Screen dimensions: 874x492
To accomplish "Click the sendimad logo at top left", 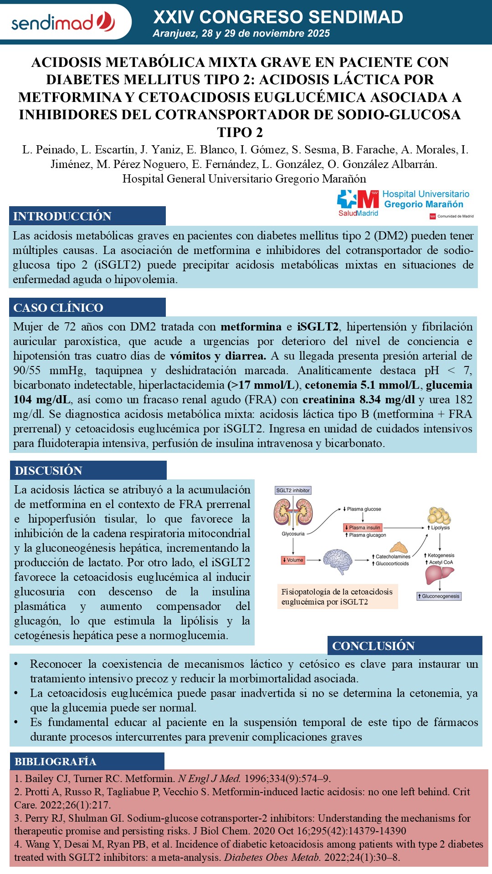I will (x=63, y=22).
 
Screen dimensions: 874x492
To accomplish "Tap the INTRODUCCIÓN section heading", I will (x=62, y=216).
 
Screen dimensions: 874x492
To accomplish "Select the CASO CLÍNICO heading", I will (x=58, y=308).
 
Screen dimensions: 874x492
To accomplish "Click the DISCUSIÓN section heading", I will (x=48, y=471).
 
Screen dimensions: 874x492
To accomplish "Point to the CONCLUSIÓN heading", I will (x=374, y=646).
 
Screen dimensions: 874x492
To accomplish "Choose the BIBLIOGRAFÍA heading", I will (x=55, y=762).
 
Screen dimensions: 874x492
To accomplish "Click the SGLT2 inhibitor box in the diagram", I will (x=293, y=490).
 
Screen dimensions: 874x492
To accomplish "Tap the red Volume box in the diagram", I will (x=293, y=560).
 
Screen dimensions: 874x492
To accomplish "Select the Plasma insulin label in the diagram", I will (x=363, y=528).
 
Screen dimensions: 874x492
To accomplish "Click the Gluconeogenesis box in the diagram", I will (x=439, y=596).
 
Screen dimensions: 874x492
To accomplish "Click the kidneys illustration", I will (x=293, y=512).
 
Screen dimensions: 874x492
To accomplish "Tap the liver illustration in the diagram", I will (x=439, y=575).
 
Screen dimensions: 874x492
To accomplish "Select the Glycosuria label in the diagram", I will (x=293, y=534).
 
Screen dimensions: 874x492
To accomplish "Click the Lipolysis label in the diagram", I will (x=439, y=528).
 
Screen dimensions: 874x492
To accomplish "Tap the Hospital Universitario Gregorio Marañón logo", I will (x=404, y=203).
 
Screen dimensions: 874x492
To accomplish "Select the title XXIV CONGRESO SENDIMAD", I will (x=278, y=17).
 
